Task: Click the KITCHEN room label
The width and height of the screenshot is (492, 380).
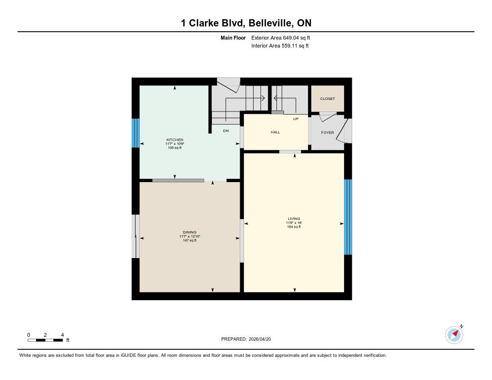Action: coord(175,140)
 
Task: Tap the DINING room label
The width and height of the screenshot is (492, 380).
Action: coord(189,232)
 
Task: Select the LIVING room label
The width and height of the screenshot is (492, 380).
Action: coord(294,219)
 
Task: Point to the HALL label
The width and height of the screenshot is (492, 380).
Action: coord(275,132)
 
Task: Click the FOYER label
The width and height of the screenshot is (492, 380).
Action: coord(327,133)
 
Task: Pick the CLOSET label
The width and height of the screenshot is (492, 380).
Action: coord(327,98)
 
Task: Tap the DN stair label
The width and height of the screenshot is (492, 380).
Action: coord(226,131)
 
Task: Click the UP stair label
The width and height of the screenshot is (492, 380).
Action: coord(295,119)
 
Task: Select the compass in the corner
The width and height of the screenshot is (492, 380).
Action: coord(455,334)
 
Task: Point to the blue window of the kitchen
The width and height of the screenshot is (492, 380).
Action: coord(135,133)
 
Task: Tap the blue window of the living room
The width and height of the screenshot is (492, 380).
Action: coord(348,217)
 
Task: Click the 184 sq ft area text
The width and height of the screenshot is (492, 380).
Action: coord(294,227)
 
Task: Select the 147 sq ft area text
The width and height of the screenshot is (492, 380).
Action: coord(189,240)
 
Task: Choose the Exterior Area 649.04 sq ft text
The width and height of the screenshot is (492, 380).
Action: coord(281,37)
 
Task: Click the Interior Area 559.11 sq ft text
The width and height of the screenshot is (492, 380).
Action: coord(280,46)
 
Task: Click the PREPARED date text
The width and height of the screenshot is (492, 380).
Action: coord(246,339)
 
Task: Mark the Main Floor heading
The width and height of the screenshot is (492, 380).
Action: coord(233,37)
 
